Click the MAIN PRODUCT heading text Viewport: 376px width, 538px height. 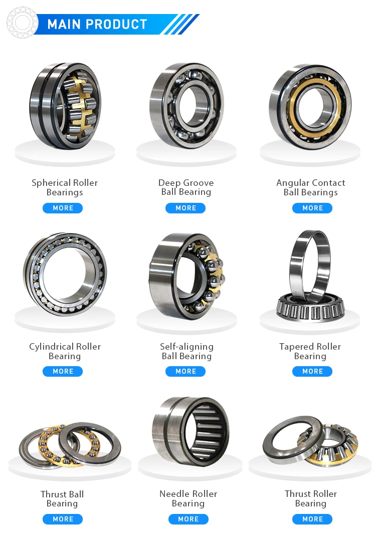[x=97, y=25]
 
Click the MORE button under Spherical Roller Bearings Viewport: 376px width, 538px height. [x=63, y=208]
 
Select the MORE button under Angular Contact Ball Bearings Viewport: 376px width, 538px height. [x=312, y=208]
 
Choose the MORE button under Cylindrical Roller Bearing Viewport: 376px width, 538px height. [x=63, y=371]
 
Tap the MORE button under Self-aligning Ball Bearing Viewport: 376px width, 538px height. [x=185, y=371]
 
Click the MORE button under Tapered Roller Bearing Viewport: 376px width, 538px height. [x=312, y=371]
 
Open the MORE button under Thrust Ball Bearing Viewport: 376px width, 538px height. [x=63, y=519]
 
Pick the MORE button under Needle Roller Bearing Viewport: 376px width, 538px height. [x=188, y=519]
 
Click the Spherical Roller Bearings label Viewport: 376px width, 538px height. [x=65, y=187]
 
